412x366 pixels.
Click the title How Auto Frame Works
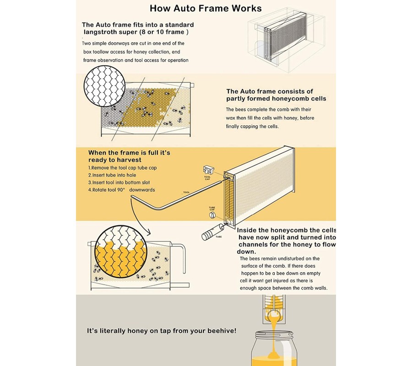(x=206, y=8)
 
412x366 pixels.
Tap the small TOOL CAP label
(x=207, y=178)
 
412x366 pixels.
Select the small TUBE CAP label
(x=212, y=209)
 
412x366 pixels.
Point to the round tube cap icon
(x=212, y=215)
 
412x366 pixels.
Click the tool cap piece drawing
(x=209, y=170)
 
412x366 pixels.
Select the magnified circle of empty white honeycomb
(x=104, y=86)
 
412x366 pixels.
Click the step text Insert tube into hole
(x=112, y=175)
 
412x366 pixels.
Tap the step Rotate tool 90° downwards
(x=122, y=190)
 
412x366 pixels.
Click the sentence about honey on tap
(x=162, y=331)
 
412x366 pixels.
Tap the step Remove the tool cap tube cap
(x=122, y=168)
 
